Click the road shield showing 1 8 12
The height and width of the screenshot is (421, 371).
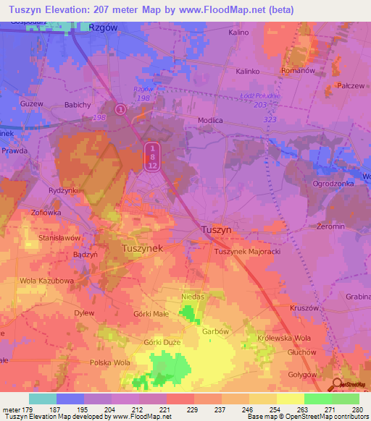pos(151,156)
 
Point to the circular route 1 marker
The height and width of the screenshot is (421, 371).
pos(120,110)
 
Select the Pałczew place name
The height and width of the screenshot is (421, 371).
pos(349,85)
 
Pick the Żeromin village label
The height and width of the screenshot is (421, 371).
pos(330,226)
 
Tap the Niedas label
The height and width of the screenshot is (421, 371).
pos(194,297)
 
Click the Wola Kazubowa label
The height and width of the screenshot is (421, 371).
pos(46,280)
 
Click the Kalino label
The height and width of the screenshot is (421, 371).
pos(238,33)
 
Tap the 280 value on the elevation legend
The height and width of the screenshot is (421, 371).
pos(356,409)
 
